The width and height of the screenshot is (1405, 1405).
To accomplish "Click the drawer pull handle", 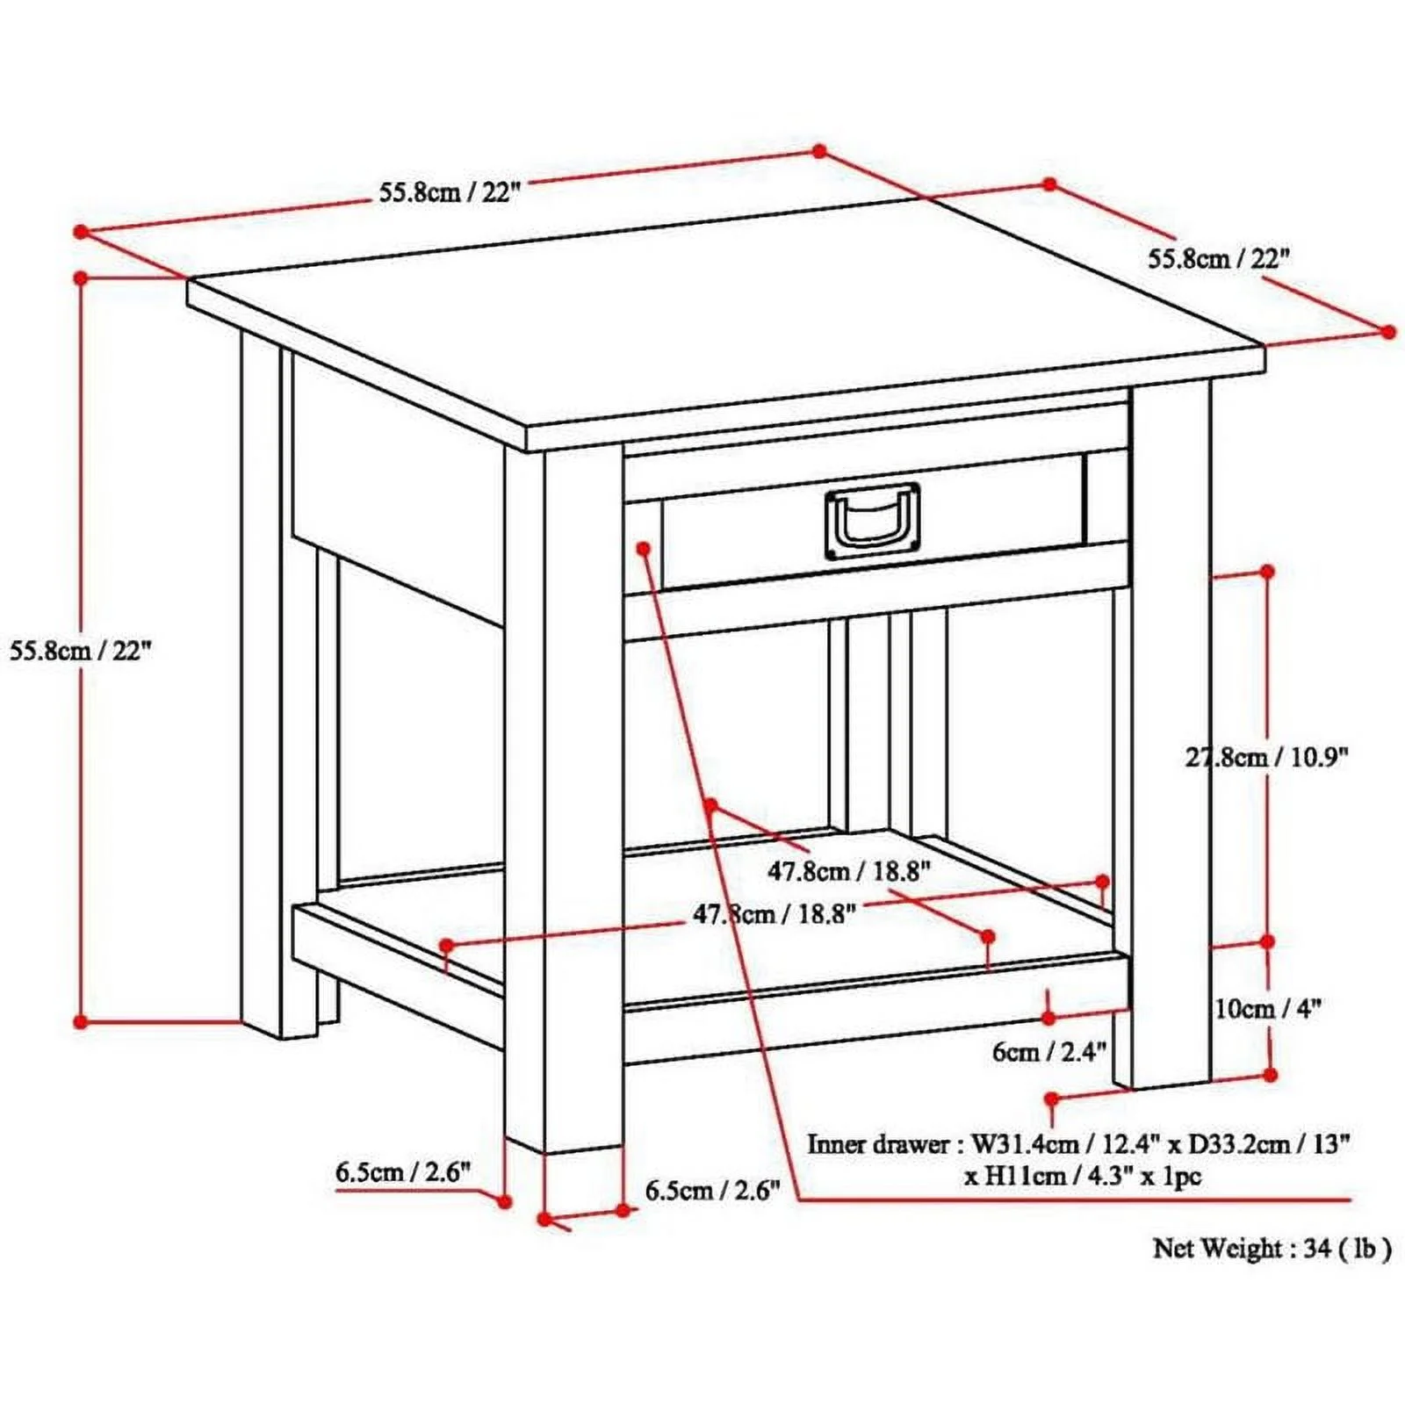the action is (873, 522).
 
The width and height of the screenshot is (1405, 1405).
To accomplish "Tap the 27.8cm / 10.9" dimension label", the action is (1266, 757).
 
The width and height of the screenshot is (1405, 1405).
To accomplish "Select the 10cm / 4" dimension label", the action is (1267, 1009).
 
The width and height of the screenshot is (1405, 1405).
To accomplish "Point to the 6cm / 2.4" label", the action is (1049, 1052).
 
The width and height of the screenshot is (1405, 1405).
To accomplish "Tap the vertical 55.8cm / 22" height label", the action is (81, 651).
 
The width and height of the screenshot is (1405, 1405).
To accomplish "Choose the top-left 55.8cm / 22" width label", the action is (450, 192).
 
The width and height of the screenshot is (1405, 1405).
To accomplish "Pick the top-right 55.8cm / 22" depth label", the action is (1220, 258).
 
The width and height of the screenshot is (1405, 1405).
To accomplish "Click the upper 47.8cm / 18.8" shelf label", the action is (849, 871).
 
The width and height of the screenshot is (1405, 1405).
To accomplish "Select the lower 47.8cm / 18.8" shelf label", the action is (775, 914).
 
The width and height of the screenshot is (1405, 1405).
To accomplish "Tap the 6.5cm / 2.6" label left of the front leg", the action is (403, 1172).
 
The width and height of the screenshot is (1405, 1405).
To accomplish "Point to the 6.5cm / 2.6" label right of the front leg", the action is (712, 1192).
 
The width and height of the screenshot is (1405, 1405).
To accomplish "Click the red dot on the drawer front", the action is (644, 547).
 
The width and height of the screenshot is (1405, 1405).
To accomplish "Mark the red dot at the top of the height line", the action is (81, 277).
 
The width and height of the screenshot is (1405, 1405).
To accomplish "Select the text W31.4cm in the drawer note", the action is (1024, 1144).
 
